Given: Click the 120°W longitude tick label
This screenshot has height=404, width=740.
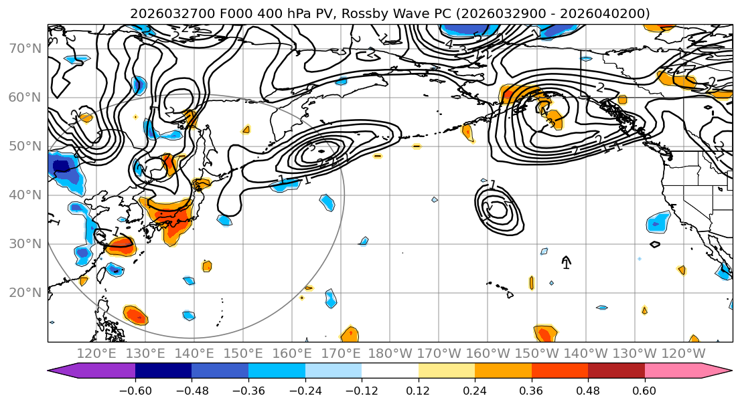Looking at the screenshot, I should tap(683, 353).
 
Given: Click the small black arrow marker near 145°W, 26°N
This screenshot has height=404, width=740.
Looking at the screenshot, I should tap(566, 262).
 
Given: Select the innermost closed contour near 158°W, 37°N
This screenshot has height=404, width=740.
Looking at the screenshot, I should tap(498, 209).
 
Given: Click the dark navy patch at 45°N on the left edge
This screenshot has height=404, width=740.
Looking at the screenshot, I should tap(62, 167).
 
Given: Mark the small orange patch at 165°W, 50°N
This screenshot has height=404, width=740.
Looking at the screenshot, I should tap(468, 133).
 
